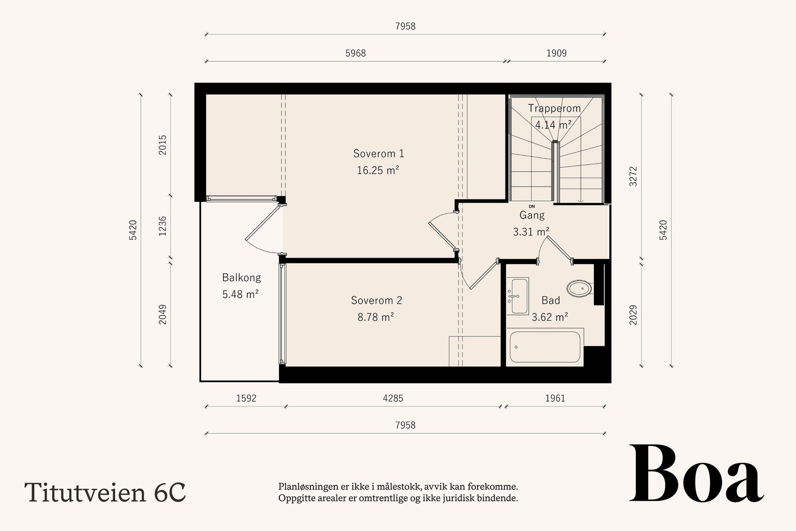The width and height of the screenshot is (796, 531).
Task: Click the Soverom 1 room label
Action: [379, 154]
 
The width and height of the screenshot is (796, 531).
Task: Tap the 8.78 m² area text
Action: [376, 317]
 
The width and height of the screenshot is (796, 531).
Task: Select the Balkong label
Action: [242, 277]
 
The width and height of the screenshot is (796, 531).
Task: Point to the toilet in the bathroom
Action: [580, 288]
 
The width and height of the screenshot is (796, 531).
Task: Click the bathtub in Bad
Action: [545, 347]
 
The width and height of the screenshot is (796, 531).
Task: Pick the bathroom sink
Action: [518, 296]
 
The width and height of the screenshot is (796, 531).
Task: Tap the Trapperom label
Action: [554, 108]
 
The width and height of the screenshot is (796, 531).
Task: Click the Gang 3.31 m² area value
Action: [531, 232]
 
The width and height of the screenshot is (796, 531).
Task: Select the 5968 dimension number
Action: [355, 53]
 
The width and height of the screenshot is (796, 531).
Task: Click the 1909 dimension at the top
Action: [557, 53]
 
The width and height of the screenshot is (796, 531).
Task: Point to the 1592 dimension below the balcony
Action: [246, 398]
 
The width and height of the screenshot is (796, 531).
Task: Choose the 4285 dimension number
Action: [393, 398]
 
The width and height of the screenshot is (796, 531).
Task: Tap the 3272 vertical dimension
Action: [633, 176]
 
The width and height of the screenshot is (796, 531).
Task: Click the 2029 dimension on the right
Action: [633, 315]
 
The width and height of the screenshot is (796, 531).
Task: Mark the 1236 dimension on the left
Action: [162, 226]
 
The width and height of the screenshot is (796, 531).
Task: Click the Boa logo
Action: [696, 473]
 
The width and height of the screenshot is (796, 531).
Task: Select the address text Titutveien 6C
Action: [105, 492]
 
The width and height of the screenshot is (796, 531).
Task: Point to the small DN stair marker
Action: [532, 207]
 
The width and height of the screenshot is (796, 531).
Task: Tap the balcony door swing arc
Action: [257, 248]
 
